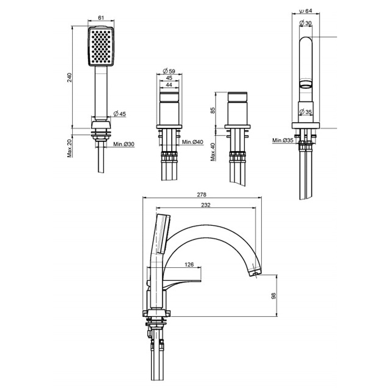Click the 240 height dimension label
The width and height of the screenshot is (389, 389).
69,77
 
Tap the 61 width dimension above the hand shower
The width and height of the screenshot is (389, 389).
101,18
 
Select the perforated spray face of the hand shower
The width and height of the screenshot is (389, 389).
101,46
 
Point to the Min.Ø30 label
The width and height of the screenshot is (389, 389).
124,144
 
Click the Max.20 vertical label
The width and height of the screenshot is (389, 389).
69,148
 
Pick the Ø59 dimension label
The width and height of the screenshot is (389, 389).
169,71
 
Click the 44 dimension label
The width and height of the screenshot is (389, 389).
169,85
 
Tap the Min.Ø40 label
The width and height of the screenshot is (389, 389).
192,142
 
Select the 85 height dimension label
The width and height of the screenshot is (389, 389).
213,110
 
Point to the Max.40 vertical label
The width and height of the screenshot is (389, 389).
213,152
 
